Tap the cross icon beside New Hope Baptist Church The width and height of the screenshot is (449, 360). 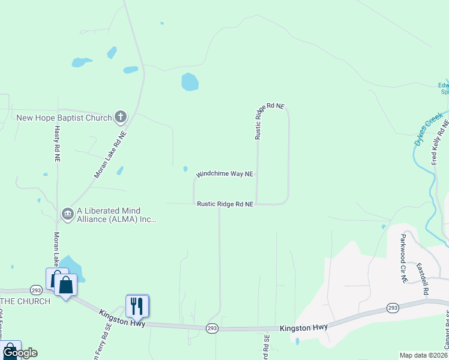(x=121, y=116)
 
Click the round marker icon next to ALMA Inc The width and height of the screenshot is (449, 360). (x=68, y=213)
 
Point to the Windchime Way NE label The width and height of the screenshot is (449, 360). (x=225, y=173)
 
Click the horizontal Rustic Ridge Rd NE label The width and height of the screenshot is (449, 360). (x=225, y=205)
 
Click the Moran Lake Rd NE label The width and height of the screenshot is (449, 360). (x=110, y=155)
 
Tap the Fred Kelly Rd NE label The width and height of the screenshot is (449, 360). (x=440, y=142)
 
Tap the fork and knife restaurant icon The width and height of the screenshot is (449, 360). (x=137, y=306)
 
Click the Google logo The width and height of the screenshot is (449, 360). (x=20, y=353)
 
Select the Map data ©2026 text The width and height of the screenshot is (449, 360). (x=423, y=355)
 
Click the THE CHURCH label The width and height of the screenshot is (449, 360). (x=25, y=301)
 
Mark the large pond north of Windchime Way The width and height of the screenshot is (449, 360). (x=190, y=82)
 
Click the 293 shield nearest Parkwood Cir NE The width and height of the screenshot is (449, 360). (x=393, y=308)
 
